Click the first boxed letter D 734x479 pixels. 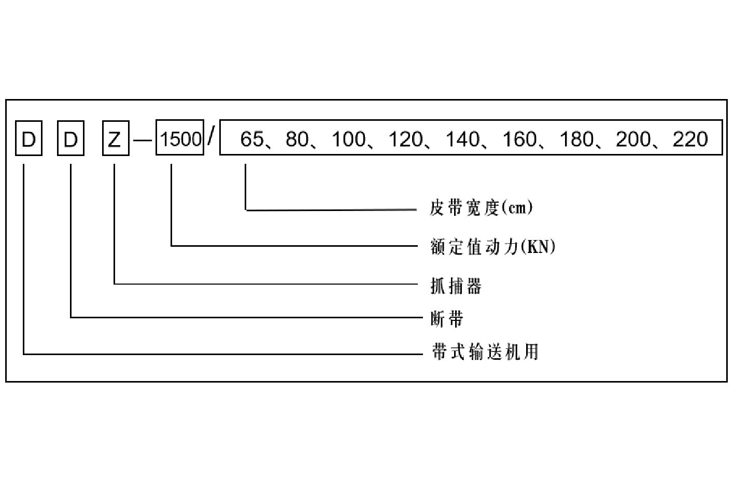[29, 138]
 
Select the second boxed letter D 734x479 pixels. [70, 138]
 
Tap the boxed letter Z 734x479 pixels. [115, 138]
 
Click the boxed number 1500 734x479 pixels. [180, 139]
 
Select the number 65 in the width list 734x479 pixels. [252, 139]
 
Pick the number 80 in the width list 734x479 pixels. [297, 139]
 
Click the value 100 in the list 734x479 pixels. [348, 139]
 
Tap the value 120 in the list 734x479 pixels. [405, 139]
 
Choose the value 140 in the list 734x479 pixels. [462, 139]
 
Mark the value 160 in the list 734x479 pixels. [519, 139]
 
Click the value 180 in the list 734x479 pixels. [576, 139]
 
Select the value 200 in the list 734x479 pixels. [633, 139]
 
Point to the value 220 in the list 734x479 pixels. [690, 139]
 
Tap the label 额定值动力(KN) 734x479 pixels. [492, 246]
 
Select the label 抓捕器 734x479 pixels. [456, 286]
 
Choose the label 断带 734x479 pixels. [447, 318]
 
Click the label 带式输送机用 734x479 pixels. [485, 352]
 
